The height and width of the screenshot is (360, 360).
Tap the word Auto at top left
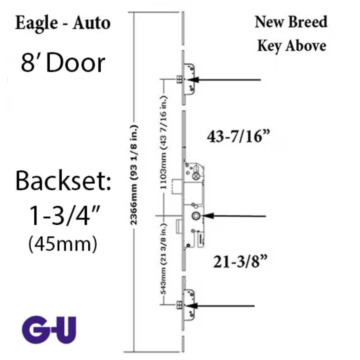tap(92, 23)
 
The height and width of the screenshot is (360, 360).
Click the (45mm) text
tap(63, 244)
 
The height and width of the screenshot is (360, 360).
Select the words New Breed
tap(291, 22)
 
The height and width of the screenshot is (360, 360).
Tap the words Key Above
tap(292, 46)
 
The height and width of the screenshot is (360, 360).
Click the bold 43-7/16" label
tap(238, 136)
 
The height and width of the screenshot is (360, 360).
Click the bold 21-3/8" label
tap(240, 262)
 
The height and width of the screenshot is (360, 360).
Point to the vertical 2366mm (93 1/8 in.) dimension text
tap(134, 175)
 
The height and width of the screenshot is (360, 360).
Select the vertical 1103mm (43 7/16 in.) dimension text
tap(163, 142)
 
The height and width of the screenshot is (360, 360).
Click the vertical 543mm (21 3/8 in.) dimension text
tap(163, 259)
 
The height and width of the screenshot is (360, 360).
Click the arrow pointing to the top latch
tap(224, 80)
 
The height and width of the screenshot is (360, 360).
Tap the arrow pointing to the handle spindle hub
tap(234, 216)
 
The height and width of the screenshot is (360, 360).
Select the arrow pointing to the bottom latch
tap(220, 306)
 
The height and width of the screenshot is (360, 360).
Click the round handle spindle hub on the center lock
tap(196, 216)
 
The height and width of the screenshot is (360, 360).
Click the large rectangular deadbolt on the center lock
tap(178, 186)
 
